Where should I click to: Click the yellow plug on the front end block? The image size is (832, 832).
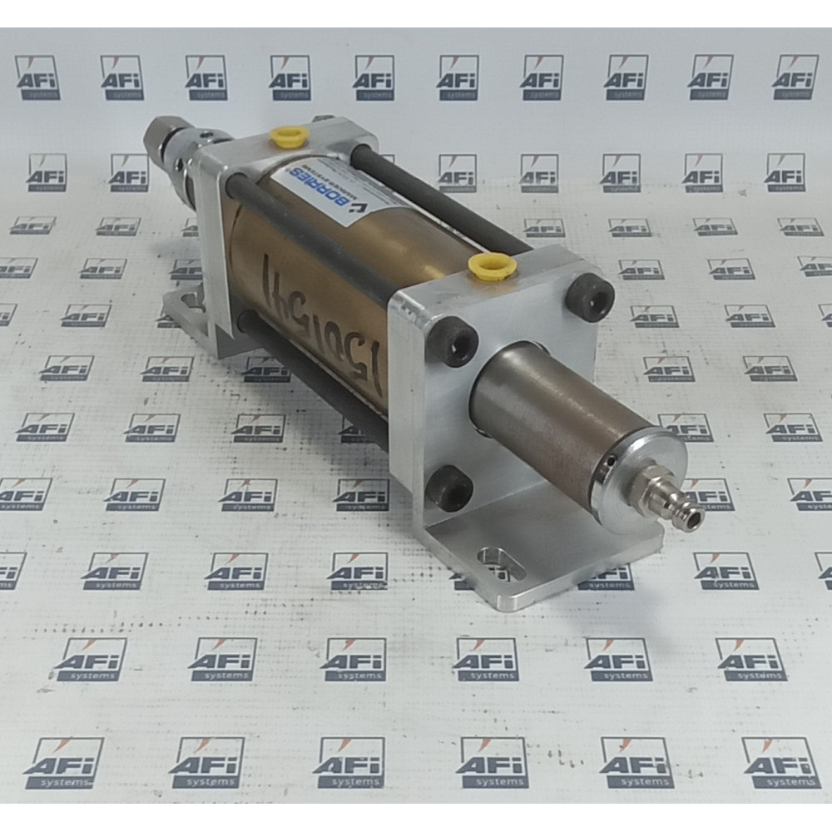492,265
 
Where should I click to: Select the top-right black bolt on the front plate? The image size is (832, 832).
592,297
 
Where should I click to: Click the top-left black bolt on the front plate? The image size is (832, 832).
454,342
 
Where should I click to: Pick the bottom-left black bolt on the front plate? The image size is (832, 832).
450,488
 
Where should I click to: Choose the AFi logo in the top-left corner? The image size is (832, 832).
37,77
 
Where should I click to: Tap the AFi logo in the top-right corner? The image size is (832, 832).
795,77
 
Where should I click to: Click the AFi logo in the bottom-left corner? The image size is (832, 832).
63,762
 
